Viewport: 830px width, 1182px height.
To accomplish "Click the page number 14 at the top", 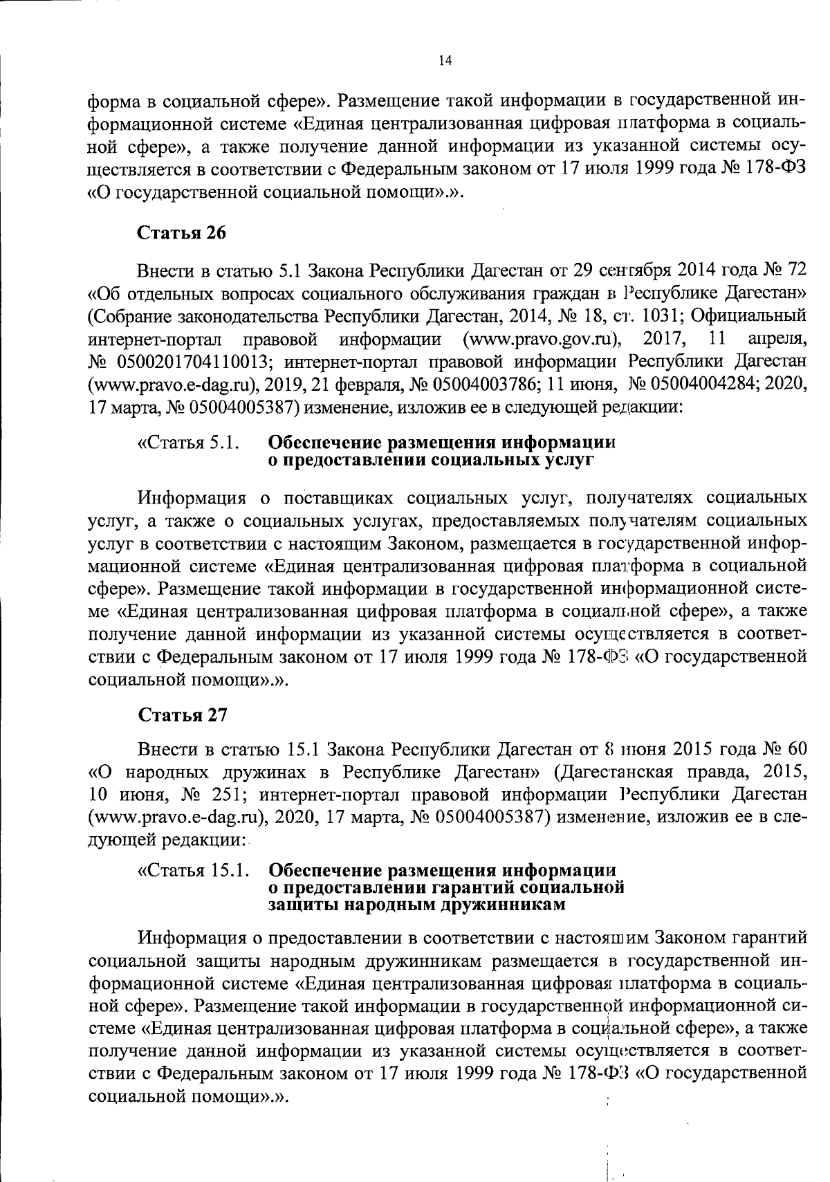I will [x=445, y=61].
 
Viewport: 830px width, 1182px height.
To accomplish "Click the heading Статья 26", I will [x=182, y=233].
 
